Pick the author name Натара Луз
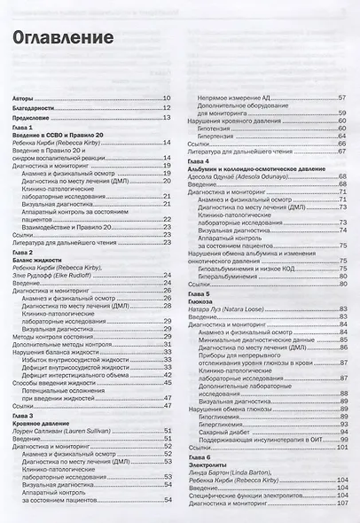click(x=210, y=308)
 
